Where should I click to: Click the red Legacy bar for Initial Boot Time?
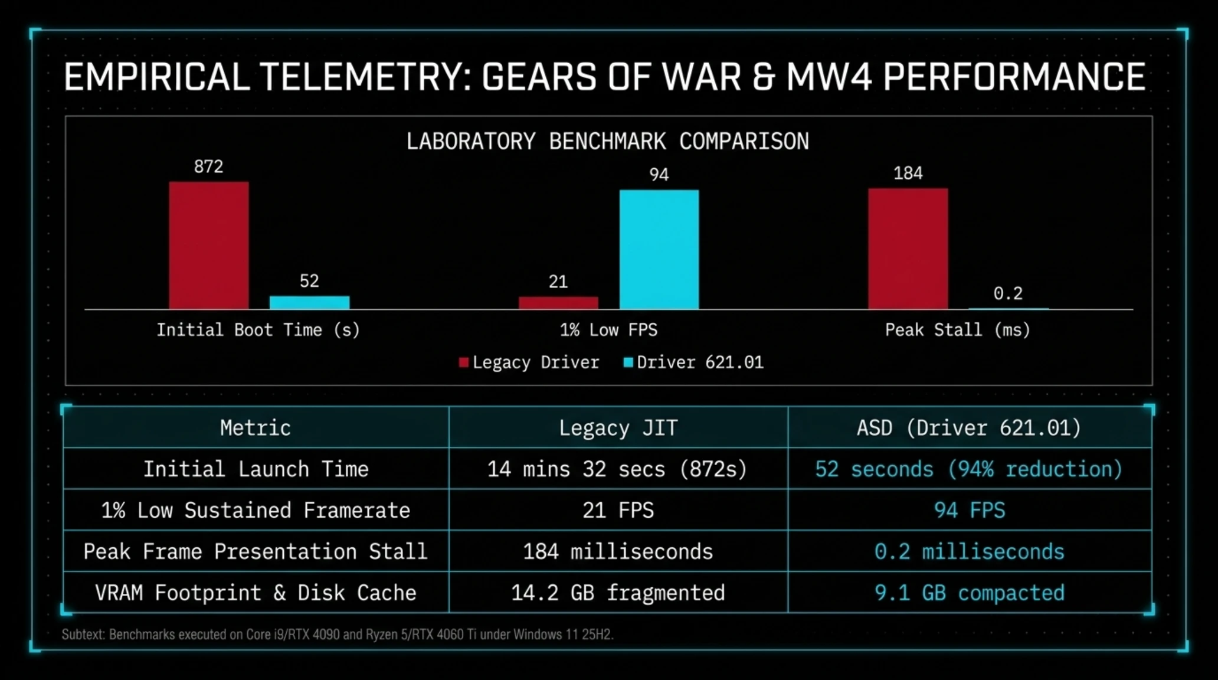(x=209, y=245)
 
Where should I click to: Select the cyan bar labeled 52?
(x=310, y=302)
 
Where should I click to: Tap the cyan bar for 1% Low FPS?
(x=659, y=249)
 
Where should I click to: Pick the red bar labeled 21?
(x=558, y=303)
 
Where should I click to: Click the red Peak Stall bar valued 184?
(x=908, y=249)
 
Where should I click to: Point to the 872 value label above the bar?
(x=209, y=166)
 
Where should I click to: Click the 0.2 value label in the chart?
(x=1008, y=293)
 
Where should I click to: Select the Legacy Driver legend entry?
(x=529, y=362)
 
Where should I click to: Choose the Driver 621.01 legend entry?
(x=693, y=362)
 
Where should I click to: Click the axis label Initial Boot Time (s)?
(x=258, y=330)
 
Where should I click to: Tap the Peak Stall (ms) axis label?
(x=958, y=330)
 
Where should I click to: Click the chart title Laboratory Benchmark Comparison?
(x=608, y=142)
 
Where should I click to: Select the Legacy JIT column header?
(x=618, y=428)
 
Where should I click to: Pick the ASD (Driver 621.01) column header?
(x=969, y=428)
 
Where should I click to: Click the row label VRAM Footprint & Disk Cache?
(x=256, y=593)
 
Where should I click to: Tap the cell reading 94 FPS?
(x=970, y=510)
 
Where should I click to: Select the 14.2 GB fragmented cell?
(x=618, y=593)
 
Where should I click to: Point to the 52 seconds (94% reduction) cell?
(x=969, y=469)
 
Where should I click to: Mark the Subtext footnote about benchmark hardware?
(x=338, y=635)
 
